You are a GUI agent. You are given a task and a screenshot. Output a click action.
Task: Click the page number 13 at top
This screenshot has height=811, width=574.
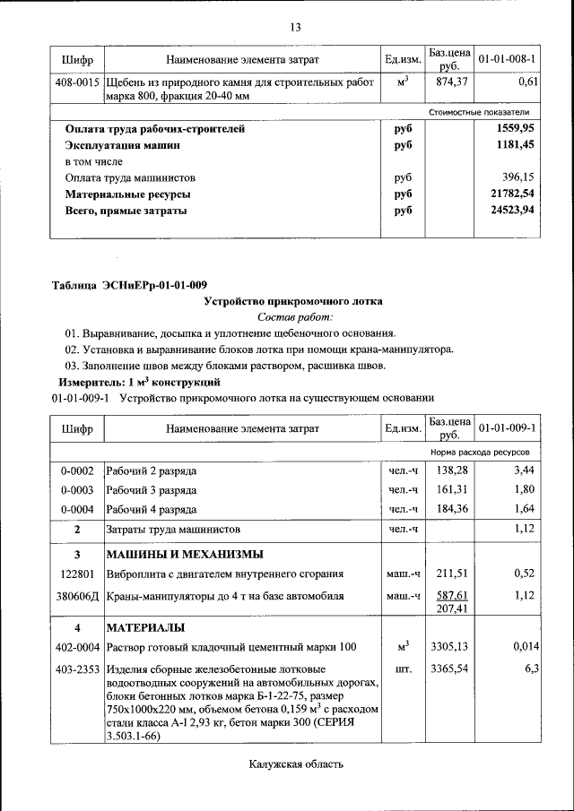click(x=294, y=26)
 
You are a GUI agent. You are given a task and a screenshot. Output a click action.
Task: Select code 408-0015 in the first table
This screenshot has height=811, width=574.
click(x=77, y=82)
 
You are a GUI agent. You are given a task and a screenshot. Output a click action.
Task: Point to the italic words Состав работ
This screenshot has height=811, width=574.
click(x=294, y=317)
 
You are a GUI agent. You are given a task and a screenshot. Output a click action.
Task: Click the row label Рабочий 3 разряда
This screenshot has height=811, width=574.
click(x=152, y=490)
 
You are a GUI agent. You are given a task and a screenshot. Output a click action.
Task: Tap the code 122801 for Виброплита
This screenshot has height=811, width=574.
click(x=77, y=574)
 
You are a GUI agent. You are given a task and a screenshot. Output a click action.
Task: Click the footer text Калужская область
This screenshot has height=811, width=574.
click(x=295, y=764)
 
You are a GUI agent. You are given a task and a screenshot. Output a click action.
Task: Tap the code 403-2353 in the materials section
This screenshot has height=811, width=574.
click(x=77, y=669)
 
